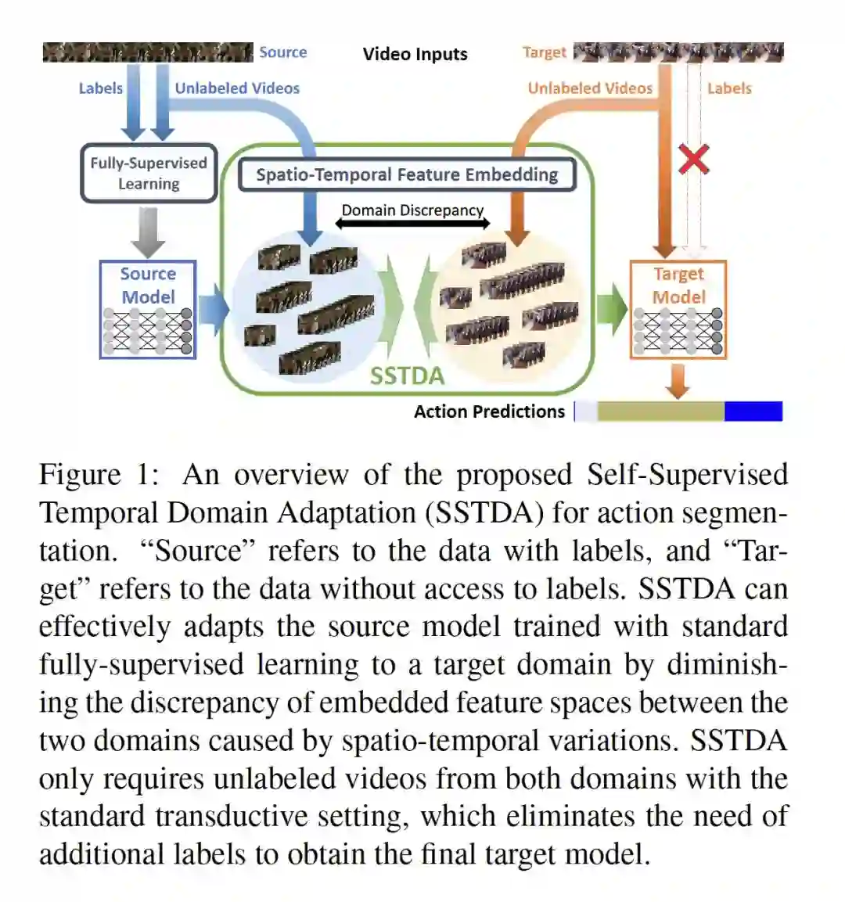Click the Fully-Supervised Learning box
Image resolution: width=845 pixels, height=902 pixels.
click(x=149, y=173)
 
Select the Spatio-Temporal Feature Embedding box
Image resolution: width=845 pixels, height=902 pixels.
click(x=407, y=174)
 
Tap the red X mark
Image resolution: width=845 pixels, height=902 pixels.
click(x=693, y=159)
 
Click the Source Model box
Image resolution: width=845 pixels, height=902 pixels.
click(x=148, y=310)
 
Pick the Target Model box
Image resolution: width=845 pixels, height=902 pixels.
click(x=678, y=310)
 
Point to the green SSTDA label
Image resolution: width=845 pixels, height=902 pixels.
click(x=407, y=376)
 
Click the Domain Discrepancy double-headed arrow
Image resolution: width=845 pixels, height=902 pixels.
click(x=412, y=224)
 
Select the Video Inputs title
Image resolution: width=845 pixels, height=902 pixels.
click(x=415, y=54)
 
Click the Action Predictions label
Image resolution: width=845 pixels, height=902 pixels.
click(x=489, y=411)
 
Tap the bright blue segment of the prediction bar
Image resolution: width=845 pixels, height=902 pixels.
click(x=753, y=411)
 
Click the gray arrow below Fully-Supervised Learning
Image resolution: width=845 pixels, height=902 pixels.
click(x=148, y=232)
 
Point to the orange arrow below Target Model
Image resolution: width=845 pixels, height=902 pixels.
click(x=678, y=381)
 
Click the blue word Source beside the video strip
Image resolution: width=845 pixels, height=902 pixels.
click(x=282, y=52)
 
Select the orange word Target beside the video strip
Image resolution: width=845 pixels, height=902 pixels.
click(x=544, y=52)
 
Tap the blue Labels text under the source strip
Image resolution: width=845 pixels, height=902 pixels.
click(x=100, y=88)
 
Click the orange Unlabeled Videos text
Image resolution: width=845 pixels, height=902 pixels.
click(x=590, y=88)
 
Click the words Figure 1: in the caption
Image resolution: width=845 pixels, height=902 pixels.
click(x=99, y=475)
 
